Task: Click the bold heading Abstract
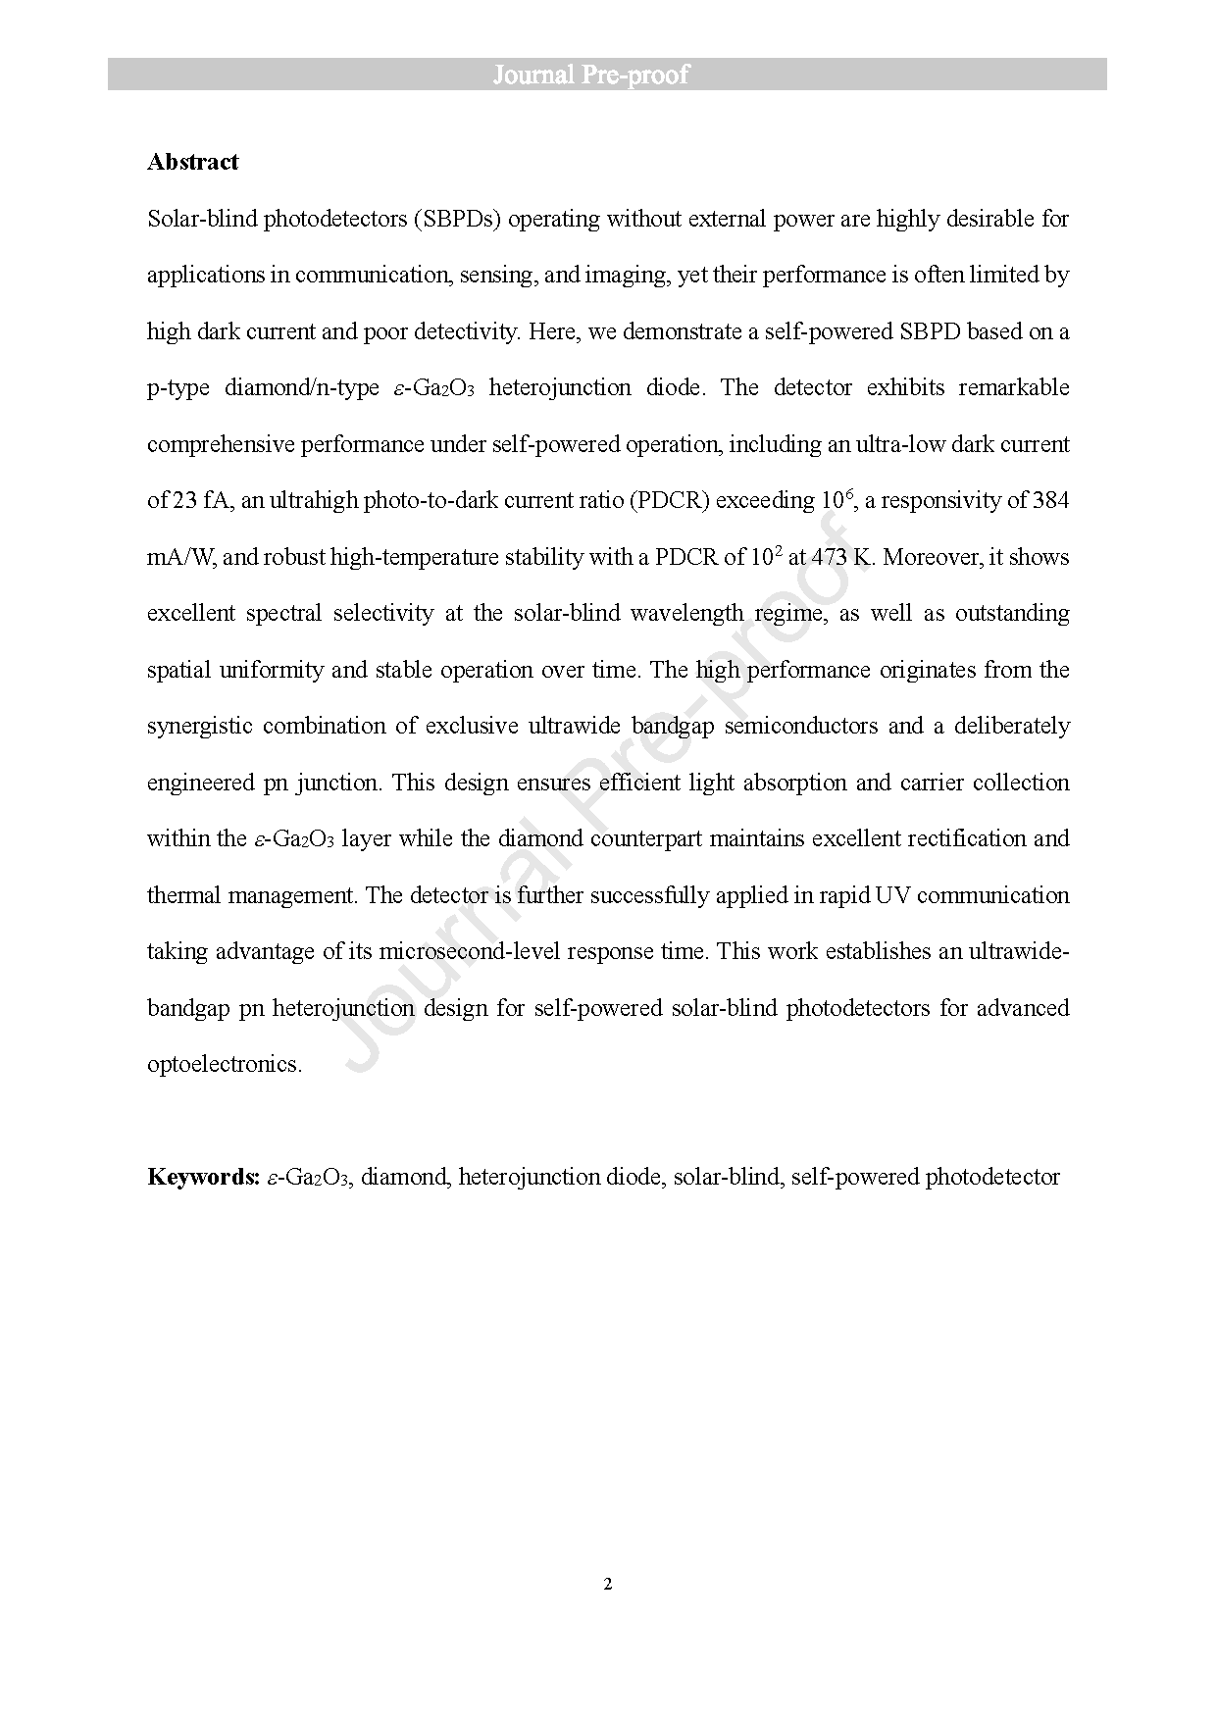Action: (x=192, y=162)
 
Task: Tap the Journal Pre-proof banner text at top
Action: (x=590, y=75)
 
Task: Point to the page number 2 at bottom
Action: (x=608, y=1584)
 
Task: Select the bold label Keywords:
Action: (x=203, y=1177)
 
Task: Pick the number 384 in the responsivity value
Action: (x=1050, y=500)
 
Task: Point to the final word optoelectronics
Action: (x=224, y=1064)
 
